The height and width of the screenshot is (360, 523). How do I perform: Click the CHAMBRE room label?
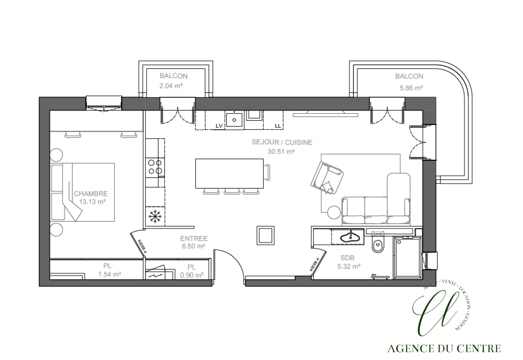(91, 193)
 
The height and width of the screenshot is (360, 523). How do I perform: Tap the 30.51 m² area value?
(281, 151)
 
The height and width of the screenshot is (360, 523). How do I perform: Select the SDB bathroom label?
(347, 258)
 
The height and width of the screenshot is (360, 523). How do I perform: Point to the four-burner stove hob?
(155, 167)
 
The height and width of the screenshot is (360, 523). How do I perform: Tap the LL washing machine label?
(278, 126)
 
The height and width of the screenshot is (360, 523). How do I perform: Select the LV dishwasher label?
(219, 126)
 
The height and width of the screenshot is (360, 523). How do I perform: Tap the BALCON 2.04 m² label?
(173, 76)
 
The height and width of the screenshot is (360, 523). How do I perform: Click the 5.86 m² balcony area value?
(411, 88)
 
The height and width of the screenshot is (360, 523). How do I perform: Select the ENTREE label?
(194, 238)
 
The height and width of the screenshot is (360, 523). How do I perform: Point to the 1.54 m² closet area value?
(109, 274)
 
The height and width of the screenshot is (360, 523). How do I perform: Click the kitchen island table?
(229, 173)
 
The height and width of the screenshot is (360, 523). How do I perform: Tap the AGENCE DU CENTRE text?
(444, 349)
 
